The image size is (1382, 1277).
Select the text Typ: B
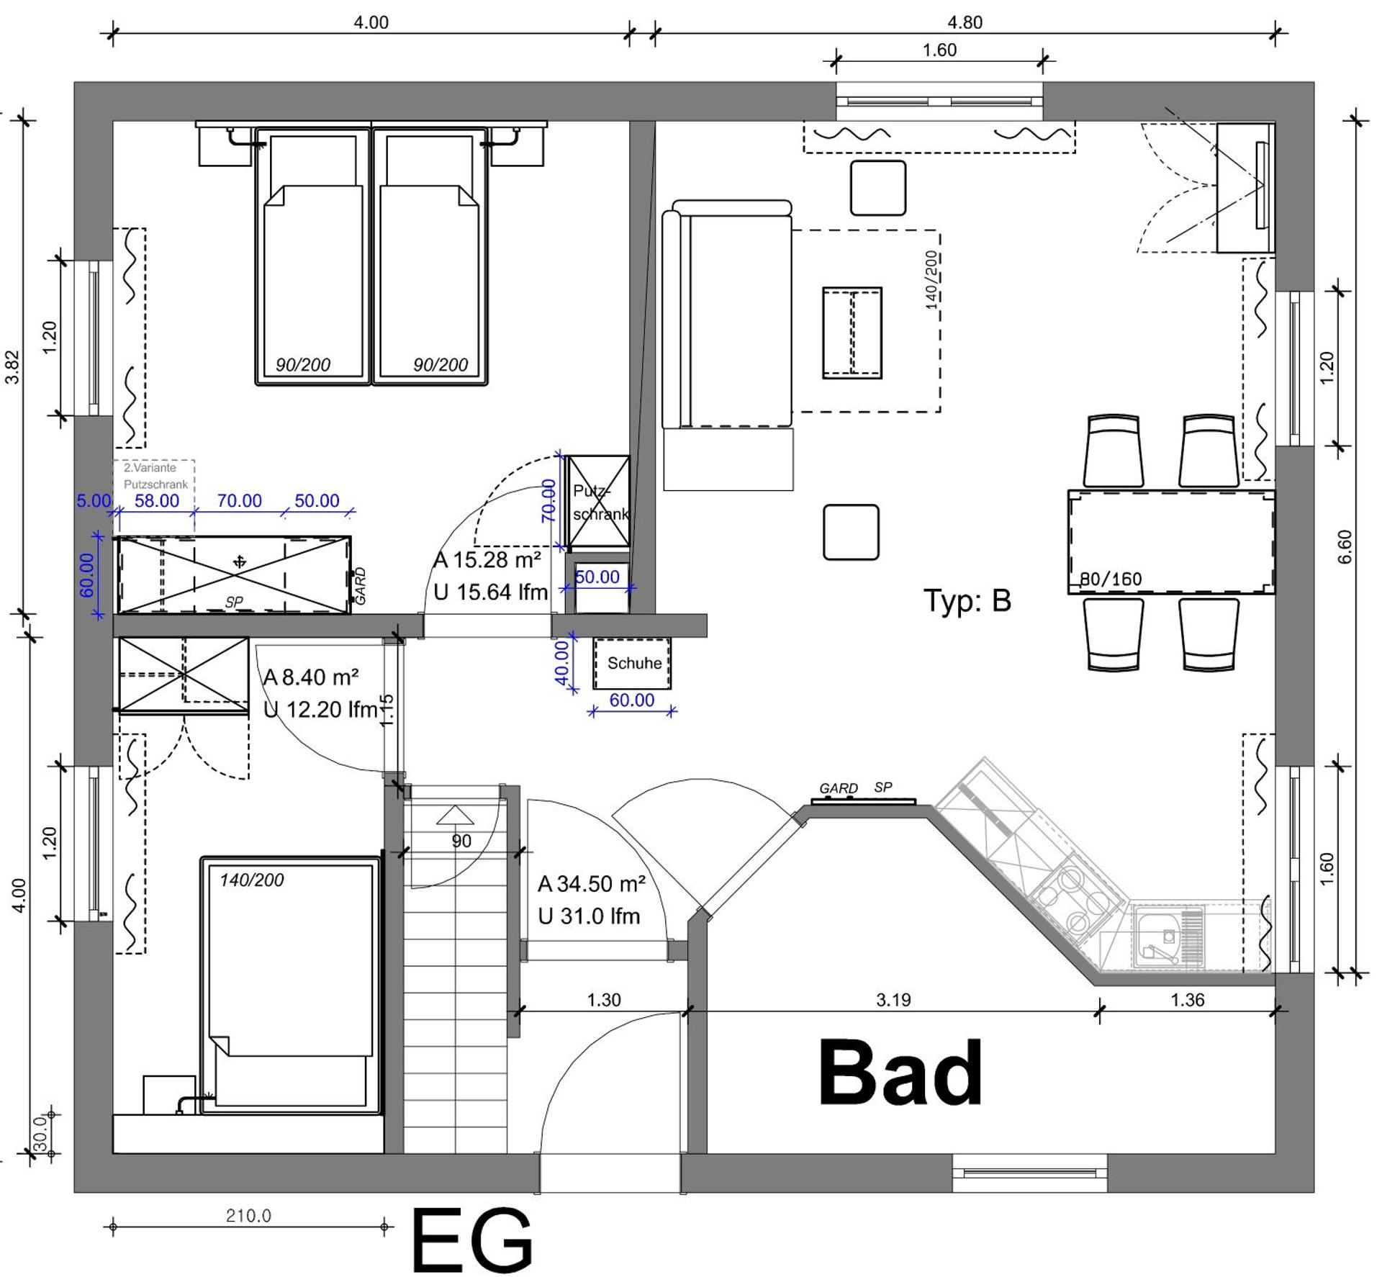[x=967, y=600]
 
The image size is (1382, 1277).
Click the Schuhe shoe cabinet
[x=632, y=663]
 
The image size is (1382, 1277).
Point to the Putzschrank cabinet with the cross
[x=597, y=502]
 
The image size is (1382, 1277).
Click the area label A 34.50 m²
[x=592, y=883]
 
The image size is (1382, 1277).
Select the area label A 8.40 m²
[x=311, y=677]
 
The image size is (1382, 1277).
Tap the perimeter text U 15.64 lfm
[x=491, y=592]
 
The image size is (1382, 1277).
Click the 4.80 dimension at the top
[x=965, y=22]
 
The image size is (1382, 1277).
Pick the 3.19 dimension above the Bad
[x=893, y=999]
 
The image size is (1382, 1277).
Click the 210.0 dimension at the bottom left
[x=248, y=1216]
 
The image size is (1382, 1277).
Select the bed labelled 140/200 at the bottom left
[x=290, y=985]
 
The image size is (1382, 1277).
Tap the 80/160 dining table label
[x=1110, y=579]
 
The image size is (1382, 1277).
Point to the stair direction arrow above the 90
[x=455, y=815]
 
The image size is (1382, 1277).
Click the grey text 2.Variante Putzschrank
[x=155, y=476]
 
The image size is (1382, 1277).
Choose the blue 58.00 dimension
[x=157, y=500]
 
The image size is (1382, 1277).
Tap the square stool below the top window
[x=877, y=188]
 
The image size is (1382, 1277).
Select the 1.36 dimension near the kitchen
[x=1187, y=999]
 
